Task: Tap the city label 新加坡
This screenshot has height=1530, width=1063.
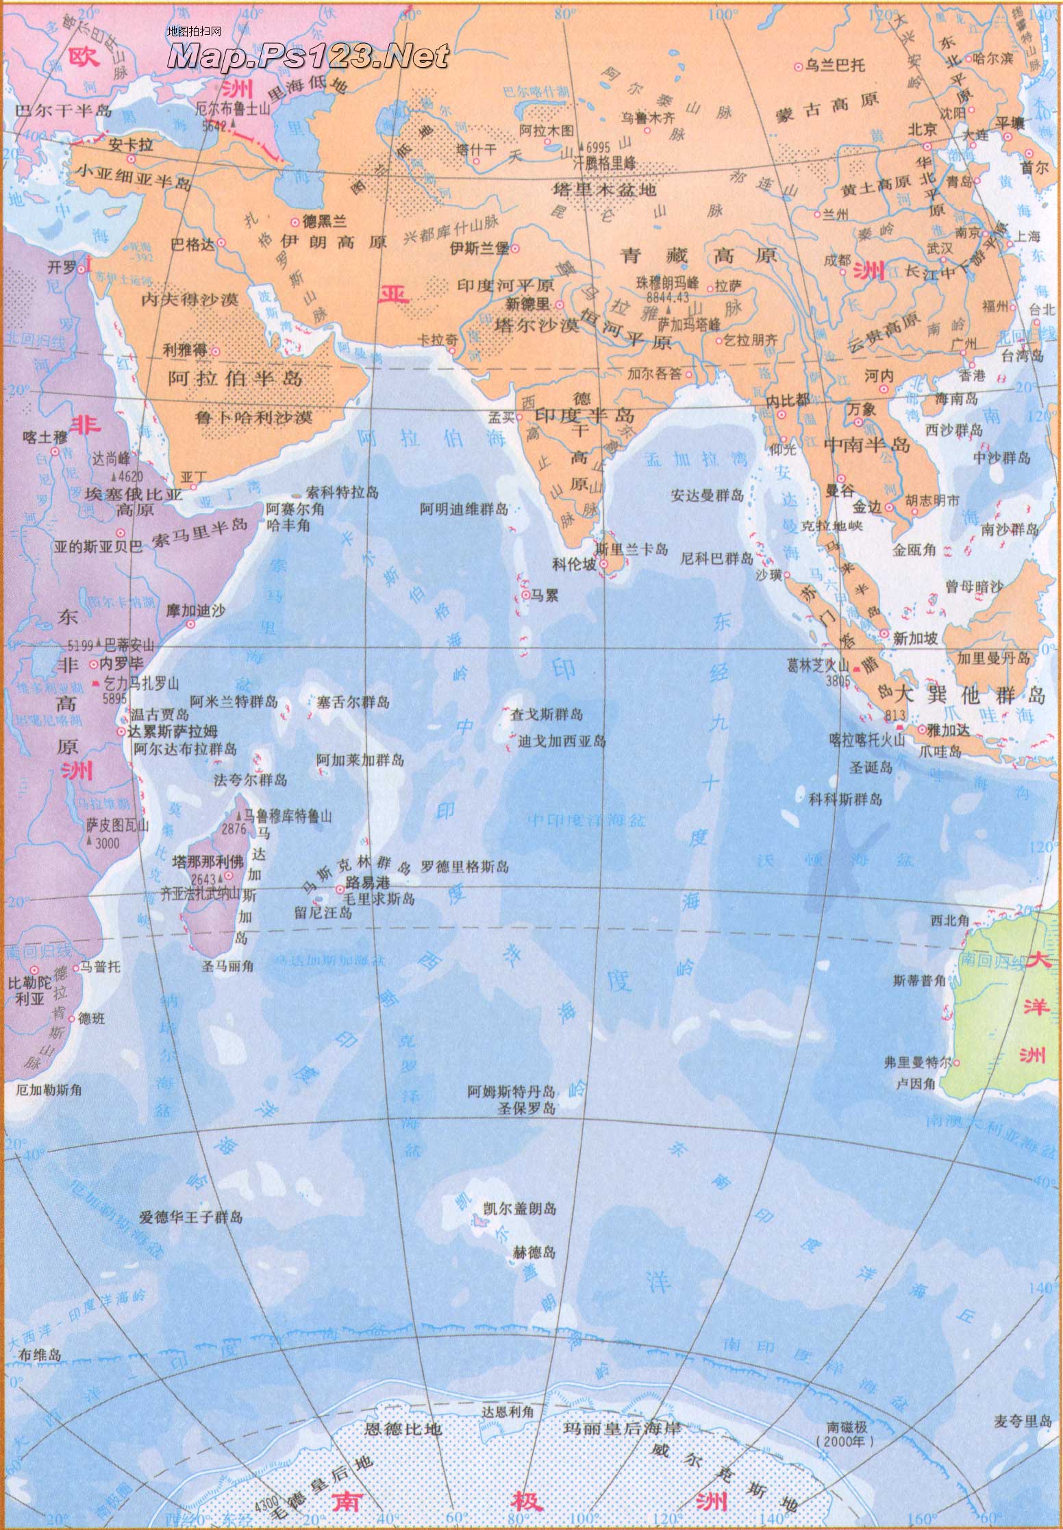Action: coord(916,637)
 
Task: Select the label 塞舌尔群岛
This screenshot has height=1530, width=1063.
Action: coord(353,702)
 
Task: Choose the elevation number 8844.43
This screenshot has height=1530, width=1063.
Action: coord(668,296)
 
